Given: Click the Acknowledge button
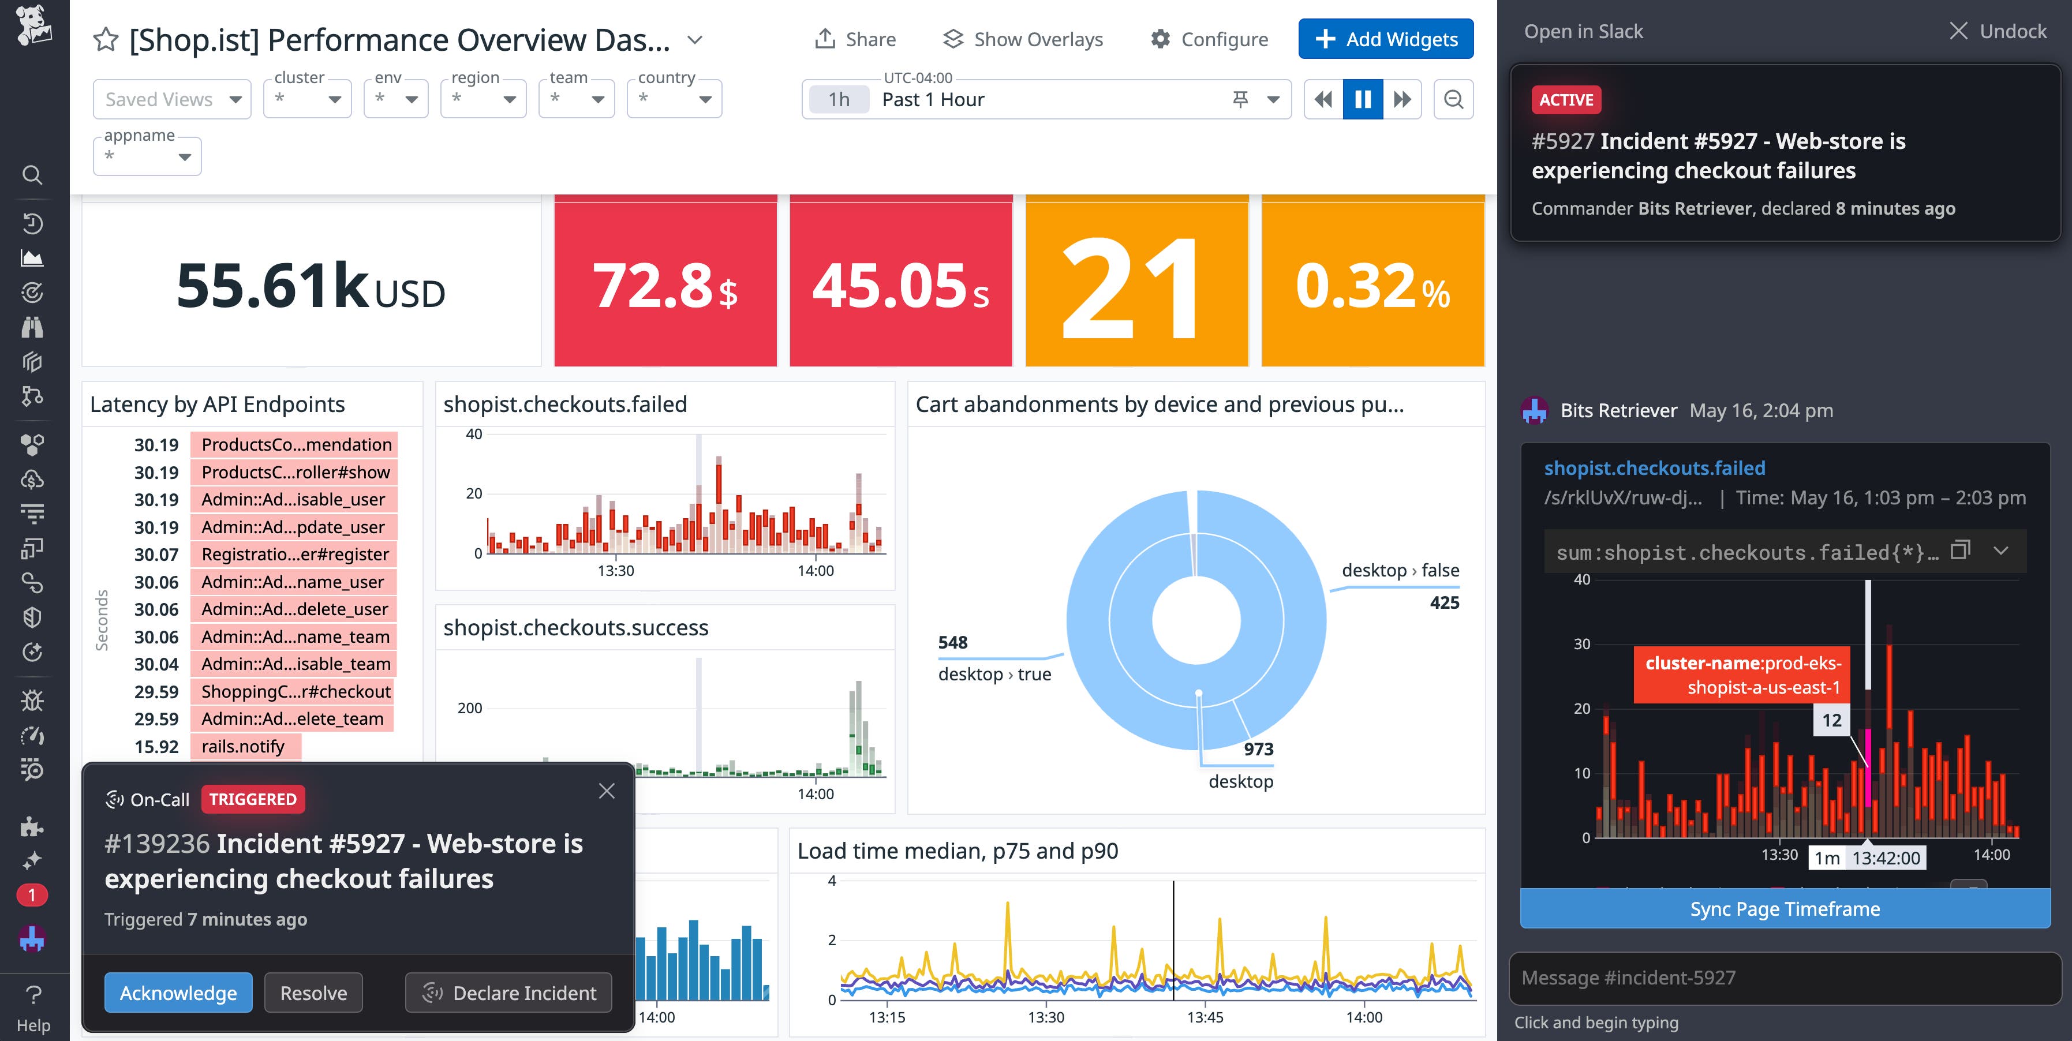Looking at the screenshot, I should coord(178,993).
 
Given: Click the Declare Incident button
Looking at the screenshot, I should coord(508,993).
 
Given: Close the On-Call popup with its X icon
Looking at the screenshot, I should coord(607,791).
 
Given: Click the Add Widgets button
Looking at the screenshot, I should coord(1385,39).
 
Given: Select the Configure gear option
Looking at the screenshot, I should coord(1209,39).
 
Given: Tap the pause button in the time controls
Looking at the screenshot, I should coord(1363,99).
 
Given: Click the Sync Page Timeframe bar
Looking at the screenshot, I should coord(1784,908).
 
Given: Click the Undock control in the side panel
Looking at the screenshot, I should coord(1998,31).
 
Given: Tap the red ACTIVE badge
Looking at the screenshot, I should coord(1565,100).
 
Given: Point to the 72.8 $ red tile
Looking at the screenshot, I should coord(665,285).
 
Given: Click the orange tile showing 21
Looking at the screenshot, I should coord(1136,285).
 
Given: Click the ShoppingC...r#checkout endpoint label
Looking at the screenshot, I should coord(295,692).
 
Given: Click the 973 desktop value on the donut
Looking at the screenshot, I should coord(1258,749).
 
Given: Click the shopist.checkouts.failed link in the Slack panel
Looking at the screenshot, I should coord(1654,468).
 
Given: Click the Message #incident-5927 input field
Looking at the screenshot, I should coord(1784,978).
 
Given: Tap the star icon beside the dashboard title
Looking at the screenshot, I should coord(106,39).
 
